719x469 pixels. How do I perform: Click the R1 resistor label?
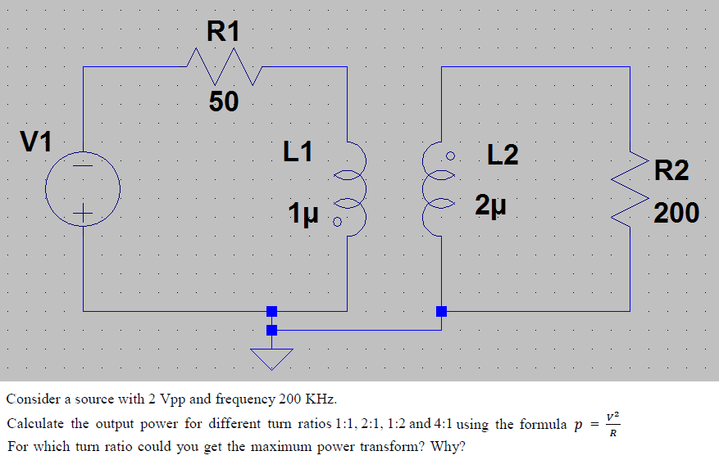(224, 32)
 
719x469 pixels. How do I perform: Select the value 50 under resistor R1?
(223, 102)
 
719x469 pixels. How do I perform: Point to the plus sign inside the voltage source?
(83, 215)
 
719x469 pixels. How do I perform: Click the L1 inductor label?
(298, 151)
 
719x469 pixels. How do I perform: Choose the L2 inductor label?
(503, 155)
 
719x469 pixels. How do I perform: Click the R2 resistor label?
(672, 171)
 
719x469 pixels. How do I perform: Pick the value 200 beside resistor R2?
(676, 214)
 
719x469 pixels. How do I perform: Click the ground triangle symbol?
(271, 358)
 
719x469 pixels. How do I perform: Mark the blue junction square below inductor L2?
(441, 311)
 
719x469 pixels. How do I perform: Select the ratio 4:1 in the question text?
(440, 424)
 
